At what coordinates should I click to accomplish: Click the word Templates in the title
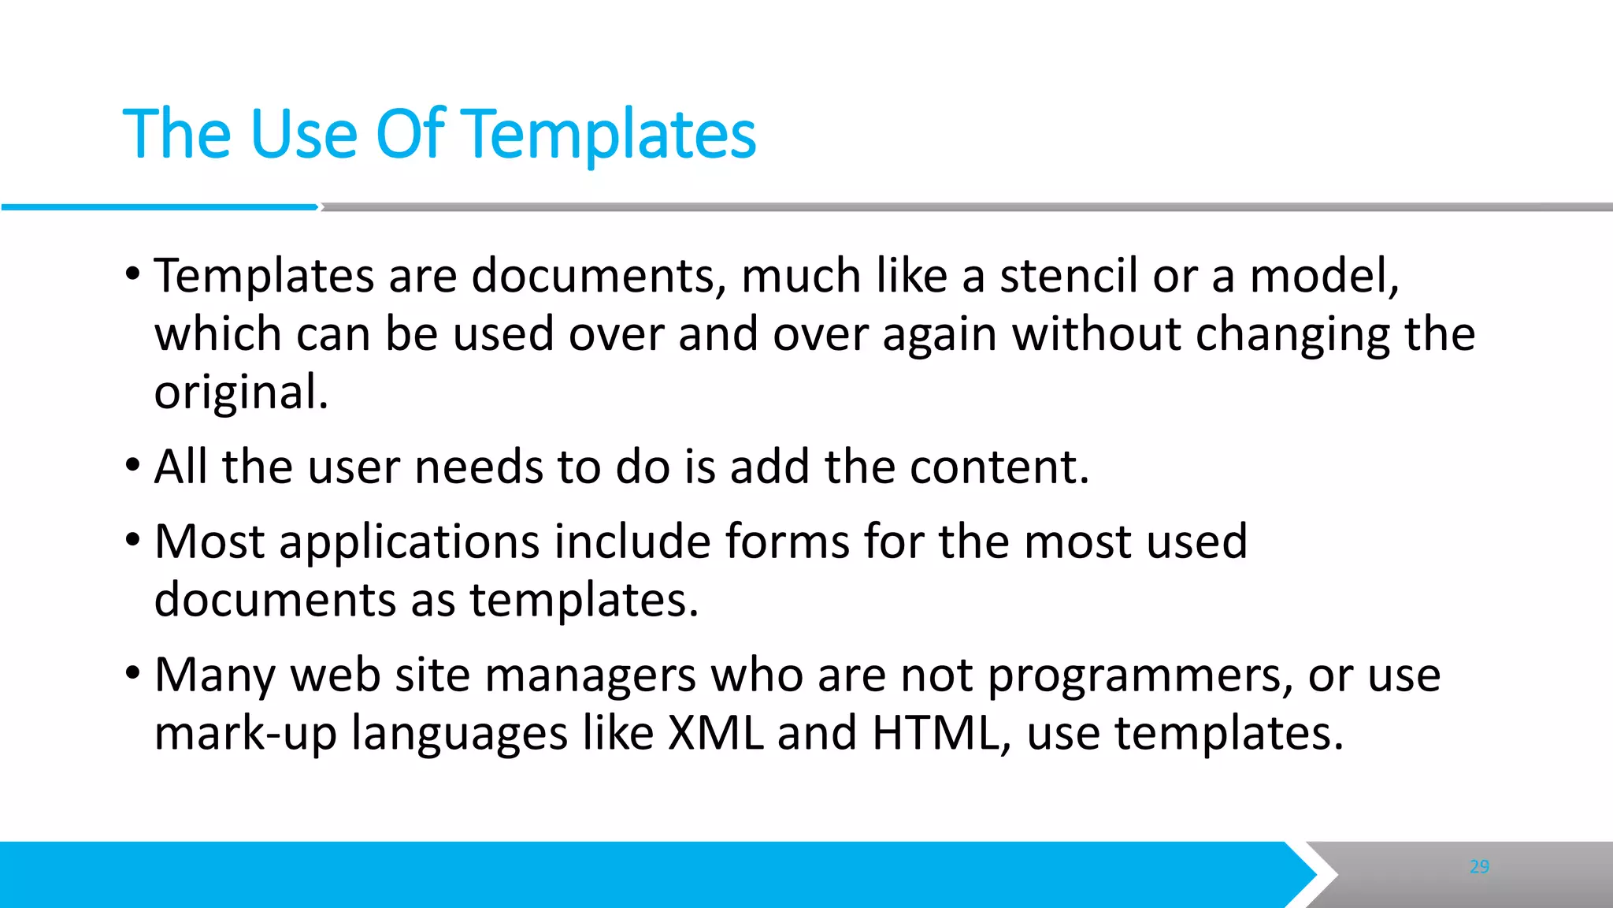click(611, 134)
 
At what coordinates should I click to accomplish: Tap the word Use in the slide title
click(304, 134)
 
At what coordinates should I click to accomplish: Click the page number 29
click(1479, 867)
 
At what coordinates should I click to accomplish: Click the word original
click(240, 393)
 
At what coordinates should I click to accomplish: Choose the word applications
click(409, 542)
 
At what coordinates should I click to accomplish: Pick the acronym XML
click(715, 733)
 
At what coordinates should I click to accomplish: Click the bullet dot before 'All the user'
click(132, 466)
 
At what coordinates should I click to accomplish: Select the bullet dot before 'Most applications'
click(132, 541)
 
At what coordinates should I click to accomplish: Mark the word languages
click(459, 734)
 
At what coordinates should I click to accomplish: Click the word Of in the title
click(410, 134)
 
